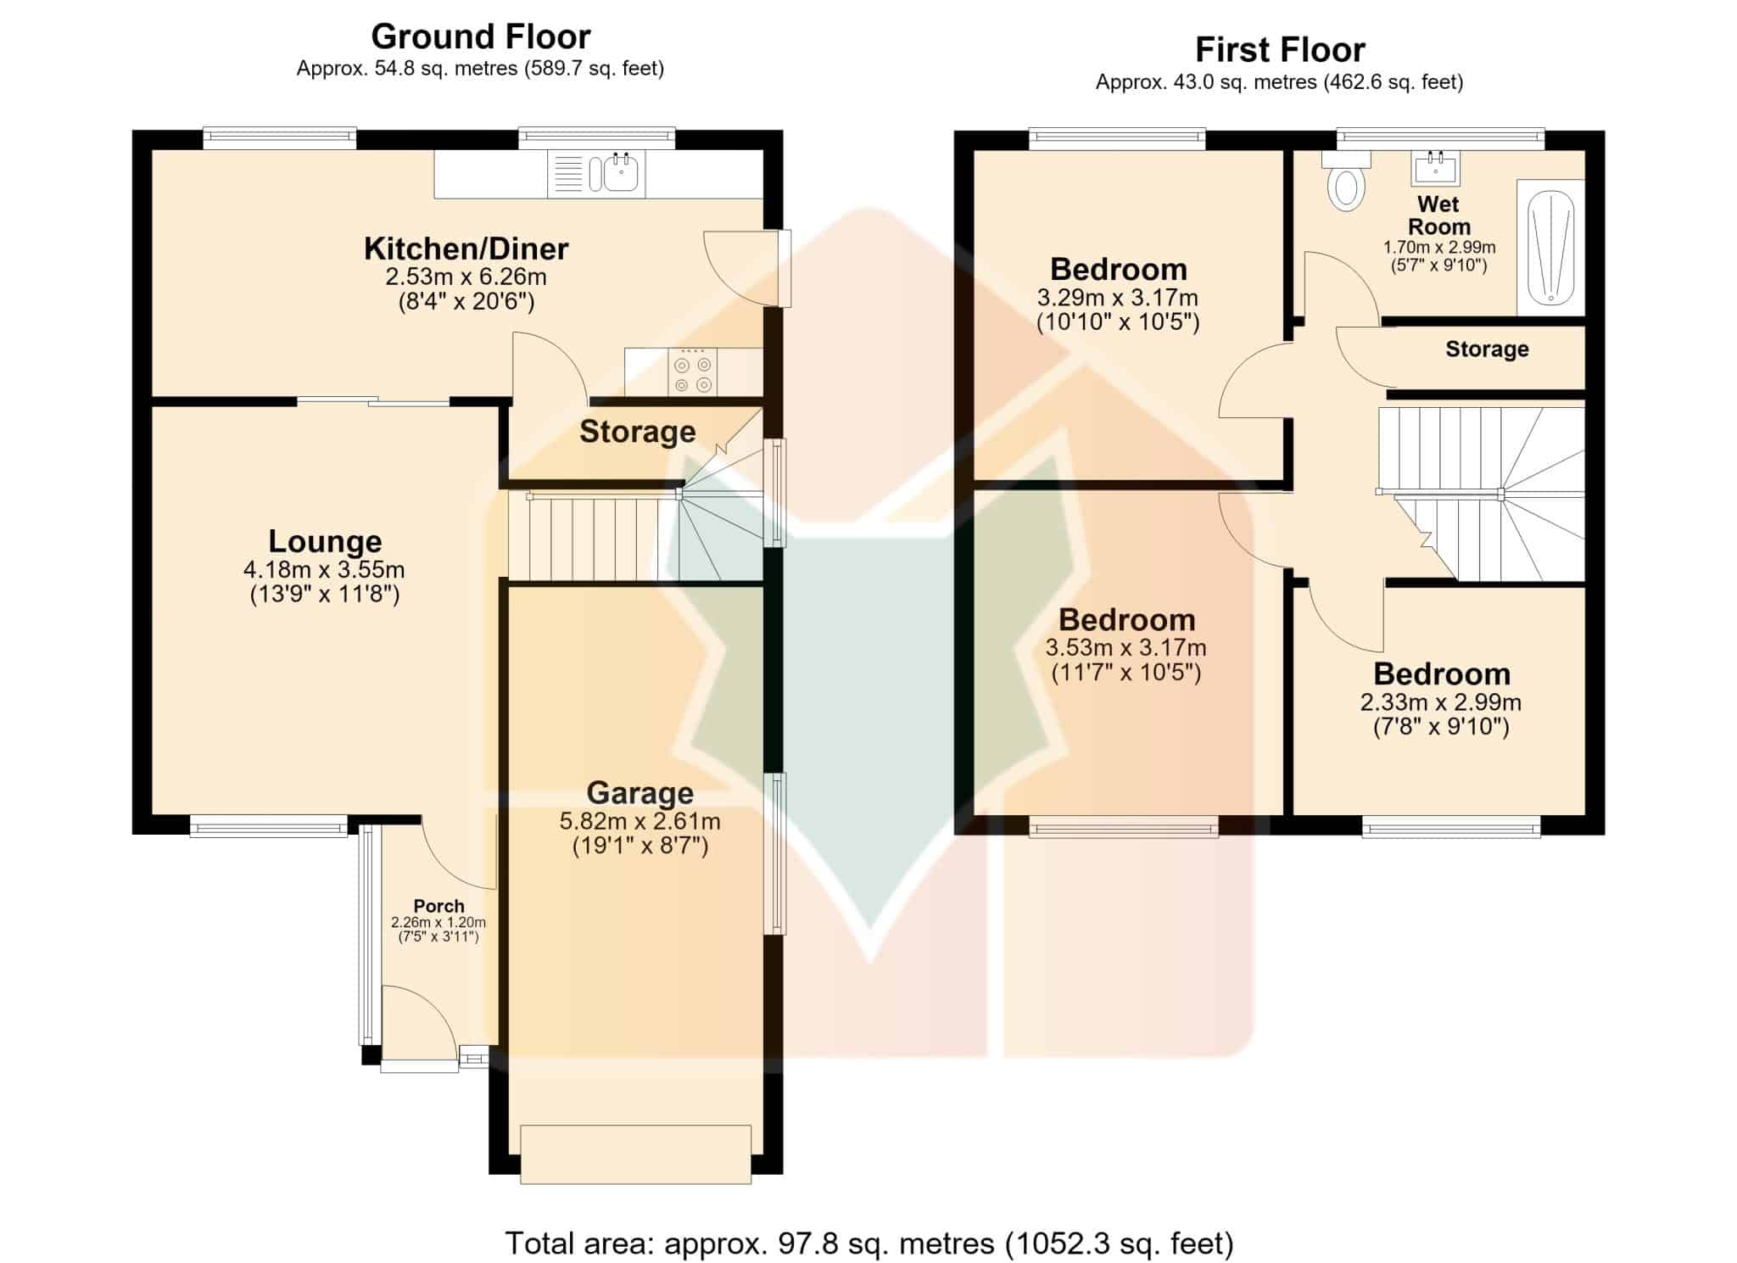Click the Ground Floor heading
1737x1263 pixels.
point(480,36)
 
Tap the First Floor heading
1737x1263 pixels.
point(1280,50)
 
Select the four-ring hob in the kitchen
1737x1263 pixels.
point(692,373)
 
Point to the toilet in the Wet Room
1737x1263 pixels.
point(1346,182)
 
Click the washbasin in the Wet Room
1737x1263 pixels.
point(1435,167)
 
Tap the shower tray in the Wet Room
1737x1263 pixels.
point(1550,247)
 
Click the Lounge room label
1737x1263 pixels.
point(325,541)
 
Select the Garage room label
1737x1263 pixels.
point(640,792)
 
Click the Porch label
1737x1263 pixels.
point(438,906)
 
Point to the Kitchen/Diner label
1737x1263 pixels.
point(466,249)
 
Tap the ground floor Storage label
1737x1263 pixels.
point(637,432)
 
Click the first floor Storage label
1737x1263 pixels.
point(1487,349)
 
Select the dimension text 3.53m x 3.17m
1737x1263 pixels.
point(1125,648)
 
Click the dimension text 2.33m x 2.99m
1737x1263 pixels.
point(1441,702)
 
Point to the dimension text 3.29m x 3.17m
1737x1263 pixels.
point(1117,298)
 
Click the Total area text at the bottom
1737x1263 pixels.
point(869,1243)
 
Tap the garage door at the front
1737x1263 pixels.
point(635,1154)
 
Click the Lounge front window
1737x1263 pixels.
point(269,825)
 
